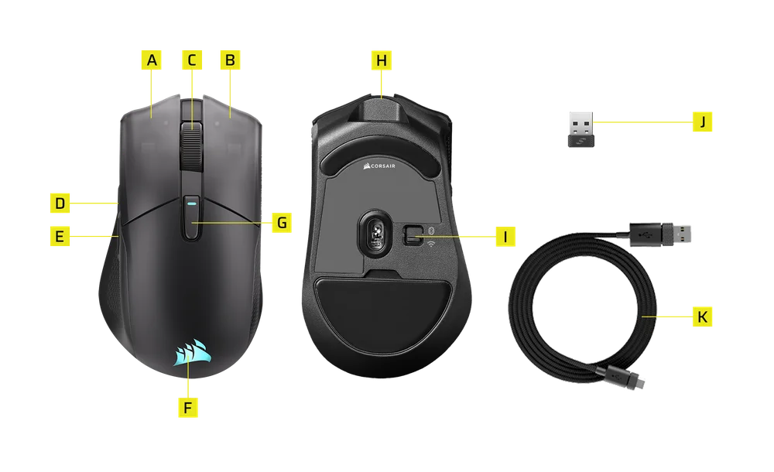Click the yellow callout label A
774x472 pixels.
coord(151,60)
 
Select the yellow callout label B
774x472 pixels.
coord(230,60)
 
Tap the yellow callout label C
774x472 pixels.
coord(191,60)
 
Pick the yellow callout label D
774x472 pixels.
coord(60,204)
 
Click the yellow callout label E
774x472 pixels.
coord(60,236)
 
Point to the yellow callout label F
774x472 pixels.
coord(187,408)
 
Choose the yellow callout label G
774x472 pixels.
coord(282,223)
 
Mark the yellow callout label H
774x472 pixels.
coord(381,60)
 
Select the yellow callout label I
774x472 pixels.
coord(505,237)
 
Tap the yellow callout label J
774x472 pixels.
coord(703,121)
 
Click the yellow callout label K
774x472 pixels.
coord(703,316)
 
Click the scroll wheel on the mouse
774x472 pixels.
coord(192,147)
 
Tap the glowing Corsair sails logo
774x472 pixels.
coord(192,352)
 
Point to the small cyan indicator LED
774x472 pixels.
coord(191,202)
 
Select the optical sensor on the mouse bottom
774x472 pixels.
coord(375,231)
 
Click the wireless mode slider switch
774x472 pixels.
coord(413,235)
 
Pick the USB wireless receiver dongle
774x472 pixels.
coord(581,129)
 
